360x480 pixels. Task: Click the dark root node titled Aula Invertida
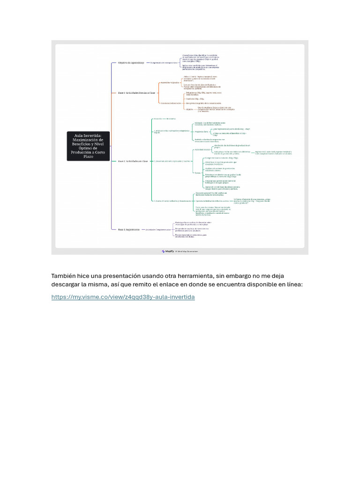(88, 146)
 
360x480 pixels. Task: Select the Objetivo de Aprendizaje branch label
(131, 62)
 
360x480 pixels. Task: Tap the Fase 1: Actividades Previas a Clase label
(136, 93)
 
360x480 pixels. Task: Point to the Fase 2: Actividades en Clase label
(133, 161)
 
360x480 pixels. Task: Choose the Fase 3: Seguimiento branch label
(128, 229)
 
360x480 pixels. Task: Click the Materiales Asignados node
(170, 82)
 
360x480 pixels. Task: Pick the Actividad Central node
(202, 150)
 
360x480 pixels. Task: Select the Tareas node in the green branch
(197, 173)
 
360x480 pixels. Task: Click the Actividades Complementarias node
(158, 229)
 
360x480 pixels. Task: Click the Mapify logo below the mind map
(167, 251)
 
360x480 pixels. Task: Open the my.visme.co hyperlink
(123, 297)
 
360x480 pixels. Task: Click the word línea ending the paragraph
(294, 285)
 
